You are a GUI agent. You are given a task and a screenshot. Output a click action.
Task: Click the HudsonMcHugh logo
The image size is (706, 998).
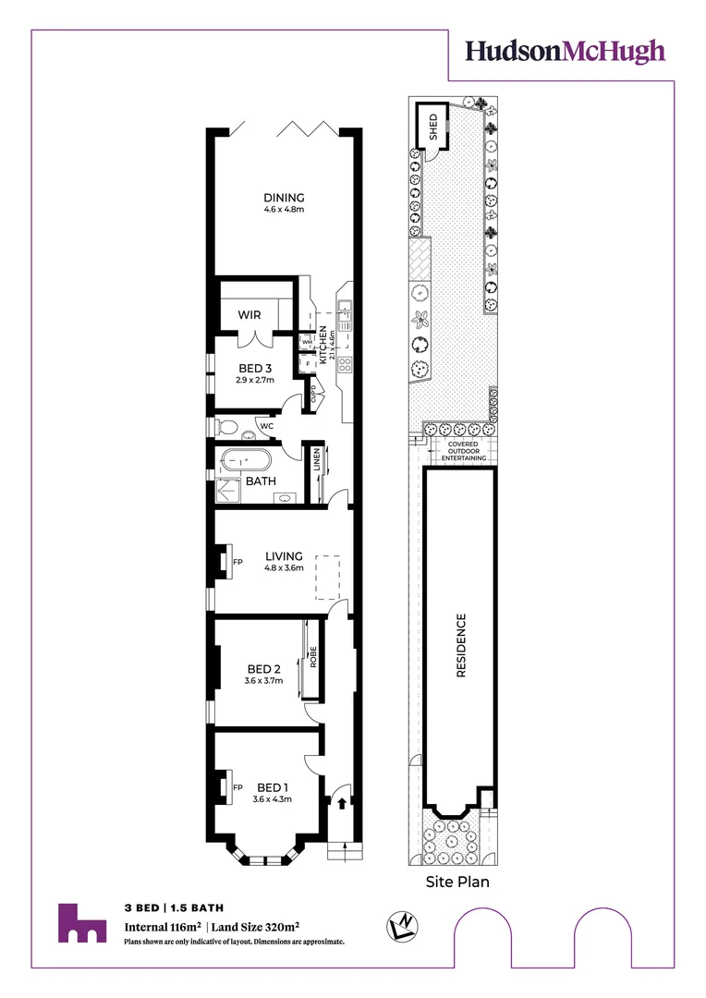click(565, 52)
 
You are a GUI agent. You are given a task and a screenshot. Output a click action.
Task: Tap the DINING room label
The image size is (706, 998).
click(284, 198)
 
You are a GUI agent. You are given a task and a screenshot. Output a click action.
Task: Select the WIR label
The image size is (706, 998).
click(250, 315)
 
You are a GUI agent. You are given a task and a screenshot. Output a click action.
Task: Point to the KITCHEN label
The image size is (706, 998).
click(323, 343)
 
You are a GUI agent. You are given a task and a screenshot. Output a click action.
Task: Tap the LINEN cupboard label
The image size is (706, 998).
click(317, 459)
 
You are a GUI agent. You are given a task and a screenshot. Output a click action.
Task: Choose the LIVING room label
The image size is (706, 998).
click(284, 556)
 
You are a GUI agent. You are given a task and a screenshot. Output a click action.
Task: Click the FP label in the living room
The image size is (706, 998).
click(237, 562)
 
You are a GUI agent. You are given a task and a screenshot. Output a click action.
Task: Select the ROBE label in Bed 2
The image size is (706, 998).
click(313, 657)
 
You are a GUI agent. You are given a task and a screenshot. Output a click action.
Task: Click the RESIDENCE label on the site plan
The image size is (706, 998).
click(461, 646)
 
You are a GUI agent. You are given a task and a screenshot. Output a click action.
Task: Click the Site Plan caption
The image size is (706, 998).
click(457, 882)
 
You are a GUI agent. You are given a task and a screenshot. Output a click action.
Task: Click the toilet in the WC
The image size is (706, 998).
click(225, 427)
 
